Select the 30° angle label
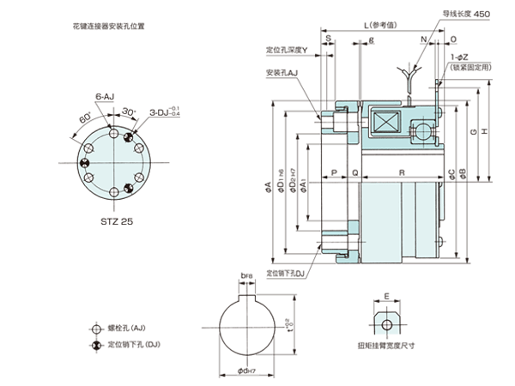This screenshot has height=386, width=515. [128, 112]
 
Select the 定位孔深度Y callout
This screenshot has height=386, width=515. [287, 49]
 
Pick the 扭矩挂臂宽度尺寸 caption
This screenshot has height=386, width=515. [386, 347]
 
